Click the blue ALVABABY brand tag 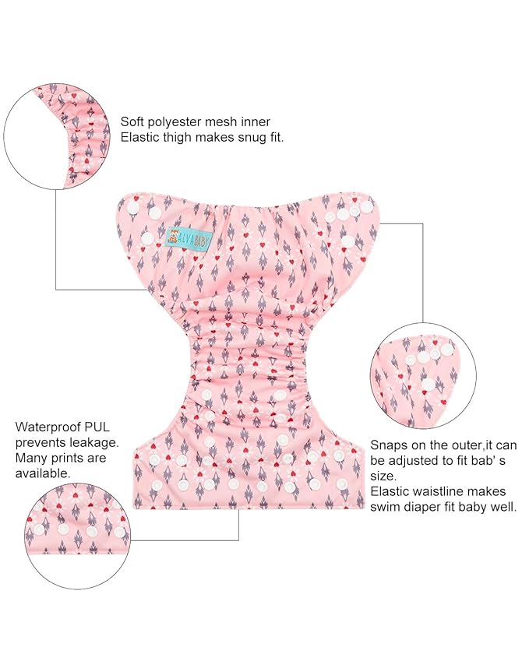tap(189, 240)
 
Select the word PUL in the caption tap(97, 427)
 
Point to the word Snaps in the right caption tap(388, 445)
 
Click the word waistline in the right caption tap(444, 491)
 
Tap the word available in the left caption tap(43, 473)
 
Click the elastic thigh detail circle tap(56, 136)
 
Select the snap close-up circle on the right tap(423, 377)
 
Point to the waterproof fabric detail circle tap(78, 536)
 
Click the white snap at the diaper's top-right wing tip tap(368, 206)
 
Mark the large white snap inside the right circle tap(428, 385)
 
